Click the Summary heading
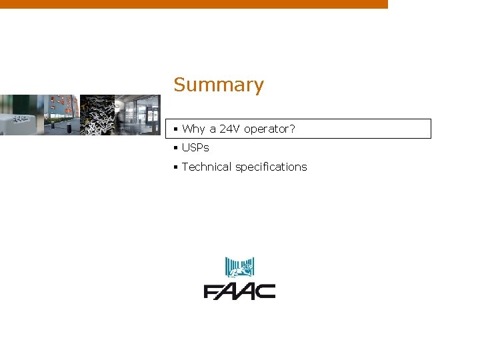tap(219, 85)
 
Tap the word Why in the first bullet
tap(193, 129)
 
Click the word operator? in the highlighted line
tap(269, 129)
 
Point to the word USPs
tap(195, 147)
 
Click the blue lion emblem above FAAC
tap(239, 267)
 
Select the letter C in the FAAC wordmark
tap(266, 291)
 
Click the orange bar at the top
tap(193, 4)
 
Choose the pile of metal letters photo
tap(97, 115)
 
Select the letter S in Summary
tap(179, 85)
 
